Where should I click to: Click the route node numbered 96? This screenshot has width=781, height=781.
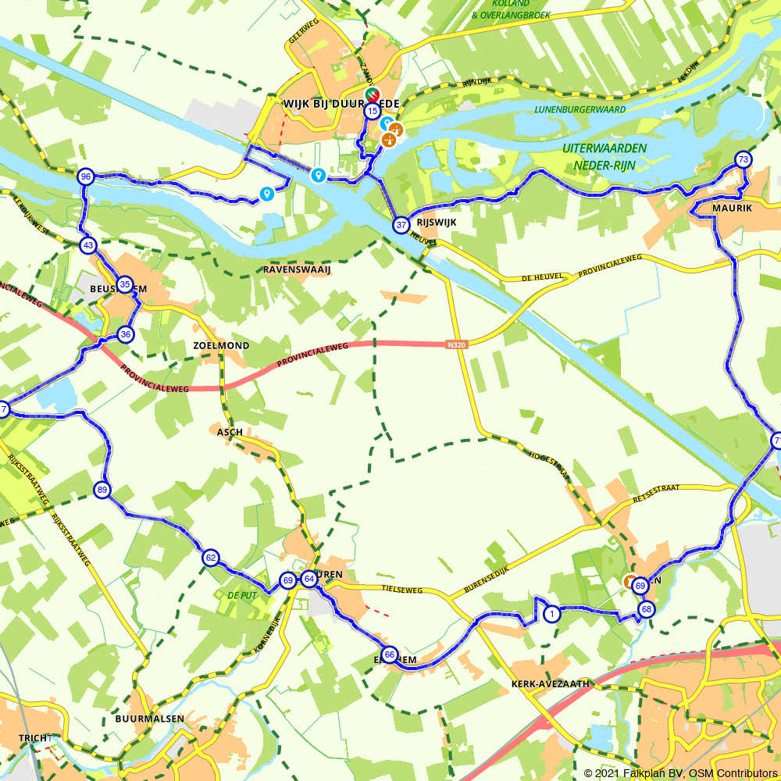pos(86,177)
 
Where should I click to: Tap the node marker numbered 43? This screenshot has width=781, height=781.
pos(88,245)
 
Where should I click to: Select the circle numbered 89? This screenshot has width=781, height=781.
pos(102,490)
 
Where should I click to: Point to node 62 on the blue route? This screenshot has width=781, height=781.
pos(210,558)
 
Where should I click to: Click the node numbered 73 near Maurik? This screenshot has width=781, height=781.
pos(743,160)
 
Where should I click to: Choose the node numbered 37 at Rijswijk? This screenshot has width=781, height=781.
pos(401,225)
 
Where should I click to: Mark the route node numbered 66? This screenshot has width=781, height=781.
pos(389,654)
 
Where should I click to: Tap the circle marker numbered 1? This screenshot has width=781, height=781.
pos(551,613)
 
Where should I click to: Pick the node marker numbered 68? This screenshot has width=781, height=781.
pos(646,609)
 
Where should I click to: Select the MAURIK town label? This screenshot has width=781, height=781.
pos(731,209)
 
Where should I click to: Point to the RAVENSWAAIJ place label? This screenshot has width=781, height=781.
pos(297,269)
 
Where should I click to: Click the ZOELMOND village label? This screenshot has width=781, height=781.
pos(221,345)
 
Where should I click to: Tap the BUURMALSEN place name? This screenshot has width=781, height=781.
pos(149,719)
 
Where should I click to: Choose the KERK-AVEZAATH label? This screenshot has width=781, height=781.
pos(550,683)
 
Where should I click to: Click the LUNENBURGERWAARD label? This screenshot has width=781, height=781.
pos(580,110)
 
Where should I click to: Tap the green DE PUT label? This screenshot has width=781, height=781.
pos(241,595)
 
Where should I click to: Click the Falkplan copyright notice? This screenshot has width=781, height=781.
pos(679,772)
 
